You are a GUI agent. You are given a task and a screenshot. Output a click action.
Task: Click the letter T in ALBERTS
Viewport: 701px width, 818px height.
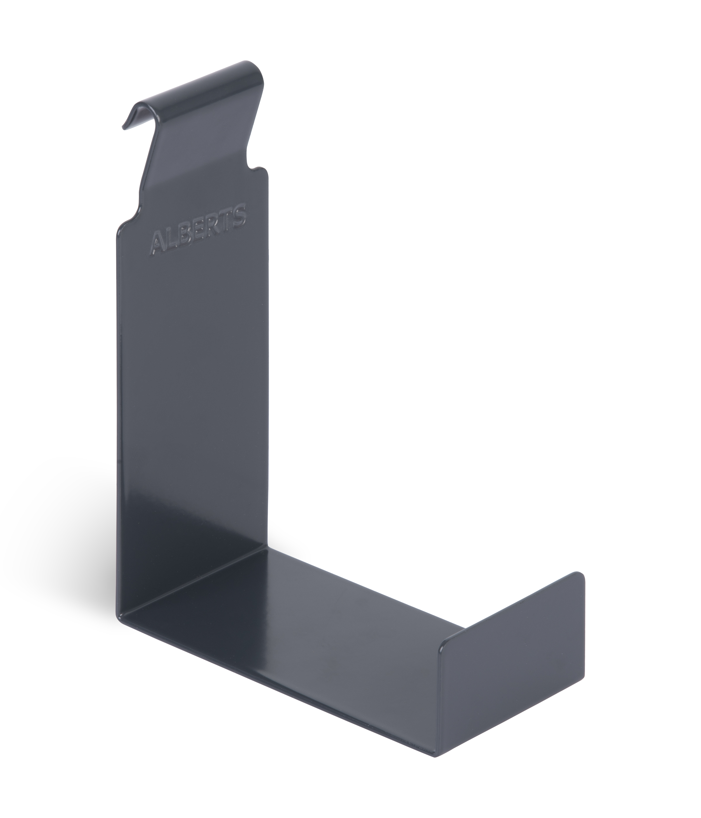[226, 221]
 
